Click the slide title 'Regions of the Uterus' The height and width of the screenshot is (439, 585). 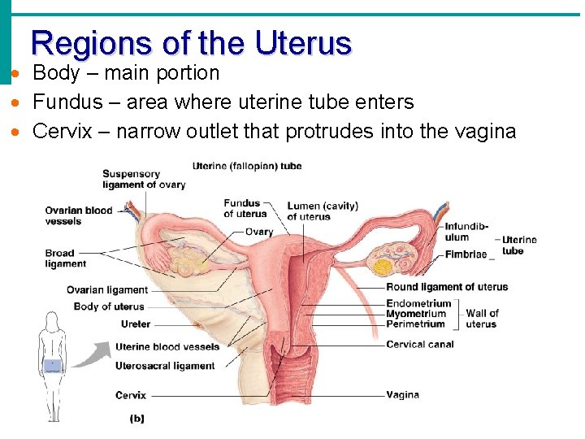click(191, 42)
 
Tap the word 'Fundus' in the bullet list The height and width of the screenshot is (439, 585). click(61, 102)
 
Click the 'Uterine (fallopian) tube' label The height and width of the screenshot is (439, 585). click(247, 167)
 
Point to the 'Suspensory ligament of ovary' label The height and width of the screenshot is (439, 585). click(143, 179)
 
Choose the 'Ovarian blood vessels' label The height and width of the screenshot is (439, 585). click(78, 215)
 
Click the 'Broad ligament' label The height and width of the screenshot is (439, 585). click(65, 259)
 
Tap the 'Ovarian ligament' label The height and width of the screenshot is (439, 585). click(106, 289)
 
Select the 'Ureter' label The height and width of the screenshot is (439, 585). click(135, 324)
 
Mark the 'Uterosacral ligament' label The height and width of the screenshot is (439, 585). click(165, 366)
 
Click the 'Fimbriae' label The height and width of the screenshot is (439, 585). click(466, 254)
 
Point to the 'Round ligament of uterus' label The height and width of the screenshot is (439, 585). click(447, 287)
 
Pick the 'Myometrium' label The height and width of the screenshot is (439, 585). click(416, 314)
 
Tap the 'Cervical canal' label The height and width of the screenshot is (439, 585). click(420, 344)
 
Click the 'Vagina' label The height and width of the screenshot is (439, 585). click(403, 395)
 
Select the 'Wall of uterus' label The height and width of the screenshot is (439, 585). click(482, 319)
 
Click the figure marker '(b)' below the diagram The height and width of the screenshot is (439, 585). click(137, 419)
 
